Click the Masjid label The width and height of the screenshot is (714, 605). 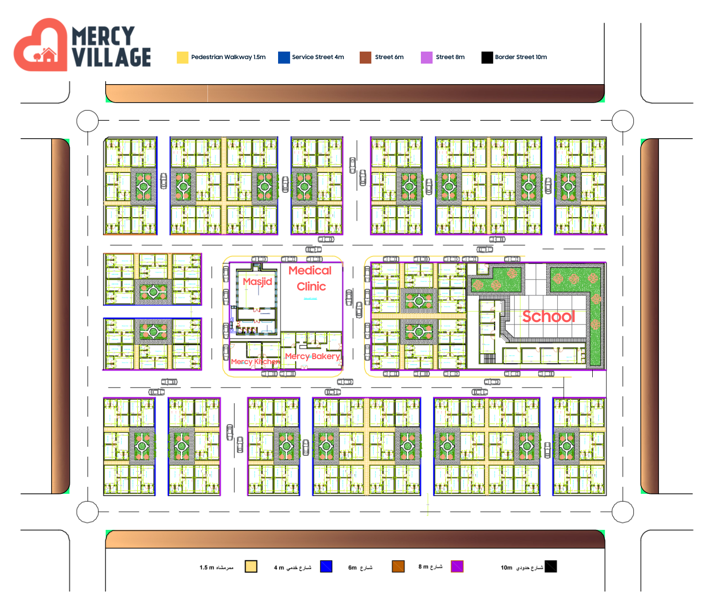[258, 281]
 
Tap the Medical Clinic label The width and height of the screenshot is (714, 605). [311, 278]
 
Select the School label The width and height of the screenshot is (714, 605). [548, 317]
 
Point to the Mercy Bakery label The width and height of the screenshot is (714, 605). [313, 356]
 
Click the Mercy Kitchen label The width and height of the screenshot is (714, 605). [255, 362]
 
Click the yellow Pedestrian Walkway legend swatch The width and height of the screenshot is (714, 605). [182, 58]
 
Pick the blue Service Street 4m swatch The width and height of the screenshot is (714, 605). [284, 58]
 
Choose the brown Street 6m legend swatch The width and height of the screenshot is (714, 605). [365, 58]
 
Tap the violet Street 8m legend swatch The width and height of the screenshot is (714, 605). [426, 58]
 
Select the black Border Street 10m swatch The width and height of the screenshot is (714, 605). [487, 58]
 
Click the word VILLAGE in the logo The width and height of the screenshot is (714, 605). [111, 57]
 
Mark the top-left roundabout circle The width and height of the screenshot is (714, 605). [88, 121]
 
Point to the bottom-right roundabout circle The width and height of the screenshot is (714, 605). [623, 512]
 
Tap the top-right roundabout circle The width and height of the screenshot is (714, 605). [623, 121]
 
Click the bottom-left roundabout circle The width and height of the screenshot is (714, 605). [88, 512]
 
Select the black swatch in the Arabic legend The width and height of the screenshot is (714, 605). [551, 566]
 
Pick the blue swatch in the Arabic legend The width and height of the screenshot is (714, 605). [326, 566]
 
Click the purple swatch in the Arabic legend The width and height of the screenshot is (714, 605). [457, 566]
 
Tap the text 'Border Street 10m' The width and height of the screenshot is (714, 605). [521, 57]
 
